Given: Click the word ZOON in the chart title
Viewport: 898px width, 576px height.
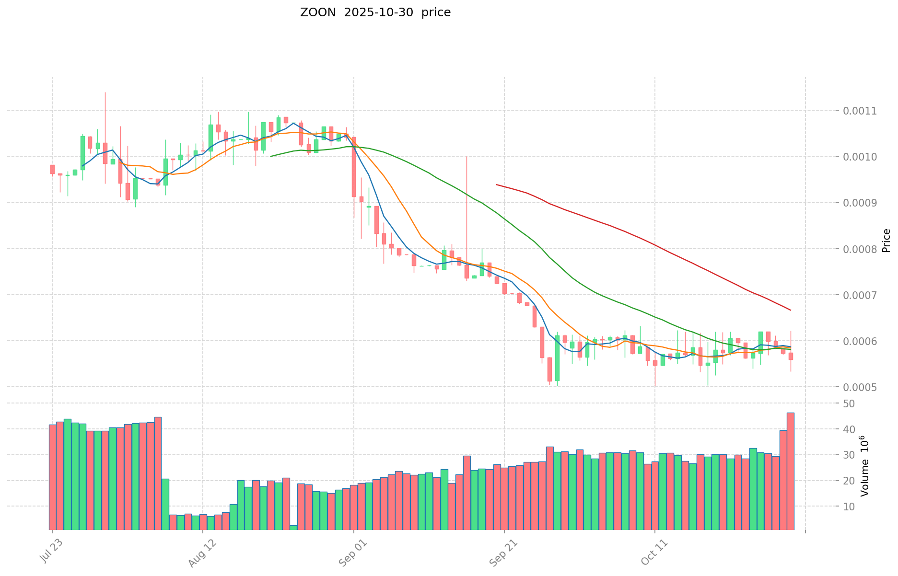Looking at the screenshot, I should (x=318, y=13).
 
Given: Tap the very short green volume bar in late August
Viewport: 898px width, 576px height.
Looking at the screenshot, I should (x=293, y=527).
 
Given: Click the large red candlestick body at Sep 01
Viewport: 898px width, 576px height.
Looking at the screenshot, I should (x=354, y=167).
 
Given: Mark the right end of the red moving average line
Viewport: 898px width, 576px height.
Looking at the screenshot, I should (x=791, y=311).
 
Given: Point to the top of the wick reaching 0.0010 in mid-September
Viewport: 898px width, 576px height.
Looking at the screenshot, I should (x=466, y=157).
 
